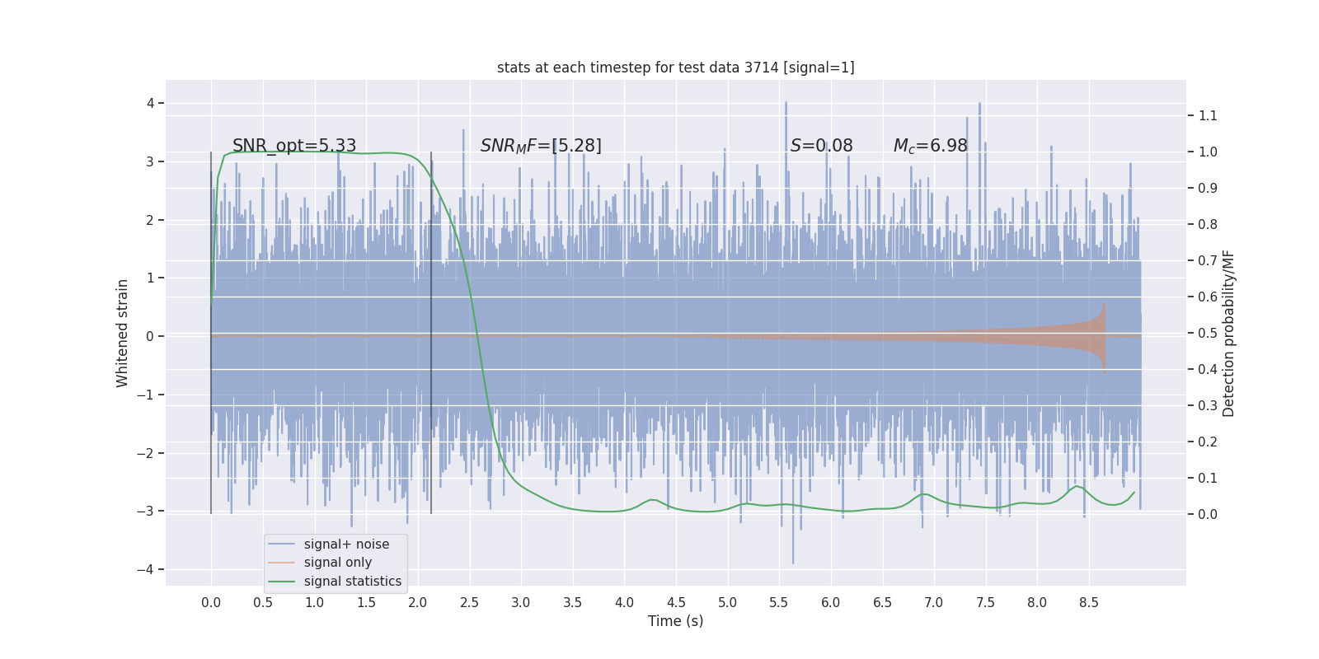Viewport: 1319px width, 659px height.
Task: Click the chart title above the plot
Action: [675, 68]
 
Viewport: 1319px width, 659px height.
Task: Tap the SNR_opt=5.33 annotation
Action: [294, 146]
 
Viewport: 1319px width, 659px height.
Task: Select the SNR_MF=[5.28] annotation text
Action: [541, 146]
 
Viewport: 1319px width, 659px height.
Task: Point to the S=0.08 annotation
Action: [821, 146]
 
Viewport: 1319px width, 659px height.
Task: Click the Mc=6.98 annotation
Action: [930, 146]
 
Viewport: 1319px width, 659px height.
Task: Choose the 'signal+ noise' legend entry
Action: [346, 544]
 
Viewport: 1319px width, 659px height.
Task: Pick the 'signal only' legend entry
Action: [337, 563]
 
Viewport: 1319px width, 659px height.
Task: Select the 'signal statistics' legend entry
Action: [352, 582]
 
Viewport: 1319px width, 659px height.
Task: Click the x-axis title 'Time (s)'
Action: [675, 621]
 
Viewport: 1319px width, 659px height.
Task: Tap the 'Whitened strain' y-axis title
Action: [123, 333]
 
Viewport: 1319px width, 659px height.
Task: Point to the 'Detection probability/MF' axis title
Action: [1228, 333]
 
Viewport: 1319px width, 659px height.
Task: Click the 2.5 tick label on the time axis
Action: [469, 603]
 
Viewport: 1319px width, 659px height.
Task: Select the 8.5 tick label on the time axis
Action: [1088, 603]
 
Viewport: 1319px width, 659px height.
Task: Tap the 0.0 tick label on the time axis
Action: [211, 603]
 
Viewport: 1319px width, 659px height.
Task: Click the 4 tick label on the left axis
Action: [151, 103]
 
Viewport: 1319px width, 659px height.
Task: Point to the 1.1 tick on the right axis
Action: [1207, 115]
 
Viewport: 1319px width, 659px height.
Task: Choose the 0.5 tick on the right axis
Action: [1207, 333]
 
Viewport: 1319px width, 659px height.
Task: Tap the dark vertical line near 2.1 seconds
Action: [431, 329]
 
